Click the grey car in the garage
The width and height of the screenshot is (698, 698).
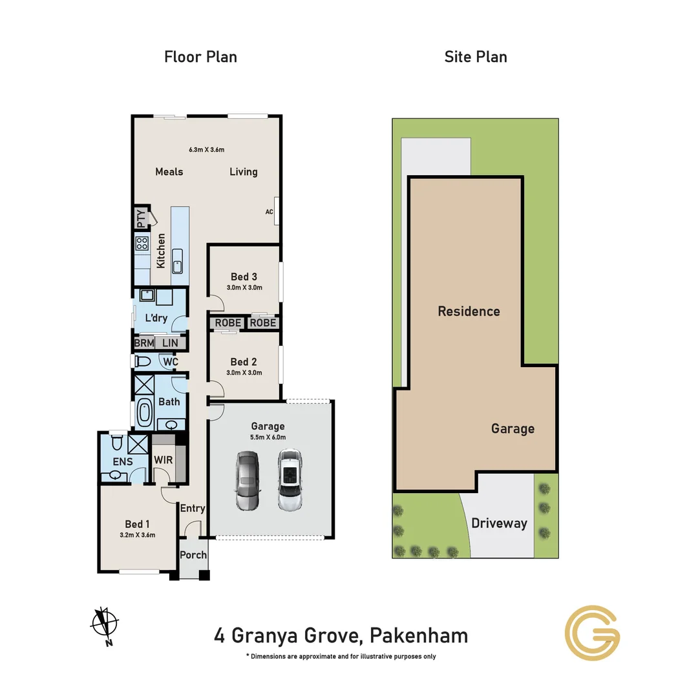247,481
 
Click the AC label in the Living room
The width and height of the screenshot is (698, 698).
270,211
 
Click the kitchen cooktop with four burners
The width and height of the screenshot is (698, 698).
142,244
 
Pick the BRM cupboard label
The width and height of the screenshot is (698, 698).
143,343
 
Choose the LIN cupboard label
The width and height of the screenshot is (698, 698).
170,343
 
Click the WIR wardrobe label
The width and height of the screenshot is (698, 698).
162,460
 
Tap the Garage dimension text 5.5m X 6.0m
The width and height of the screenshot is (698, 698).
268,438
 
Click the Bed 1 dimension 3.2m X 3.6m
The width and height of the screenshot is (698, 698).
138,535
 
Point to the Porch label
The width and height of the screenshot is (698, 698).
193,555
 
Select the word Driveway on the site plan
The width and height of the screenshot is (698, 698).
499,523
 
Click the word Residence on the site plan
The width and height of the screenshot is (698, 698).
469,312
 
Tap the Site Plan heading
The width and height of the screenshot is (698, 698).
475,57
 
